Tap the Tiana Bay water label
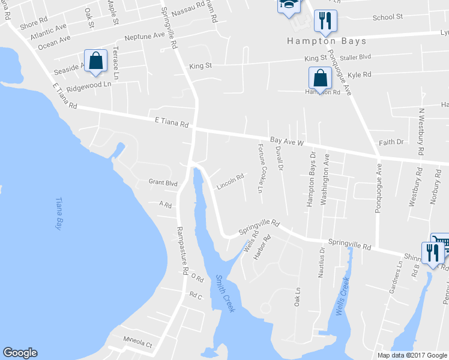point(59,214)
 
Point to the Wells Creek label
point(342,293)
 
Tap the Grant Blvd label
point(163,182)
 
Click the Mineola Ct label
point(138,346)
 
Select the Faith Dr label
point(391,142)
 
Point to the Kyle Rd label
point(360,75)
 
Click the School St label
point(387,17)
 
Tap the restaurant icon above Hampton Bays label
point(325,20)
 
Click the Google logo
point(20,353)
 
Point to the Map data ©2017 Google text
point(412,355)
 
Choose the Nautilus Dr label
point(322,262)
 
